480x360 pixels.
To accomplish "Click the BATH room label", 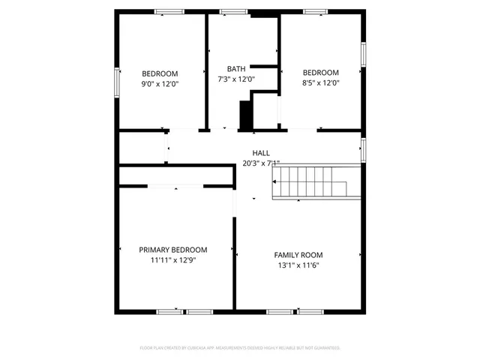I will click(236, 69).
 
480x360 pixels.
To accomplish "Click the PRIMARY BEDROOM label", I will click(173, 250).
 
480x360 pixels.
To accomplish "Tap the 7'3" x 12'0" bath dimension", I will click(236, 79).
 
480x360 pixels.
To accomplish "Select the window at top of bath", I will click(234, 11).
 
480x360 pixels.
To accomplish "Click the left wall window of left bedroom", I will click(116, 82).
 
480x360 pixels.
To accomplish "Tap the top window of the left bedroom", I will click(169, 11).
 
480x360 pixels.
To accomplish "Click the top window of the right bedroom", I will click(315, 11).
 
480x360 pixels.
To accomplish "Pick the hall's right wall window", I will click(364, 150).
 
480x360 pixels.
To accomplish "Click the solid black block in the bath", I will click(244, 115).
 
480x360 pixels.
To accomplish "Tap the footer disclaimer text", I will click(240, 348).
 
